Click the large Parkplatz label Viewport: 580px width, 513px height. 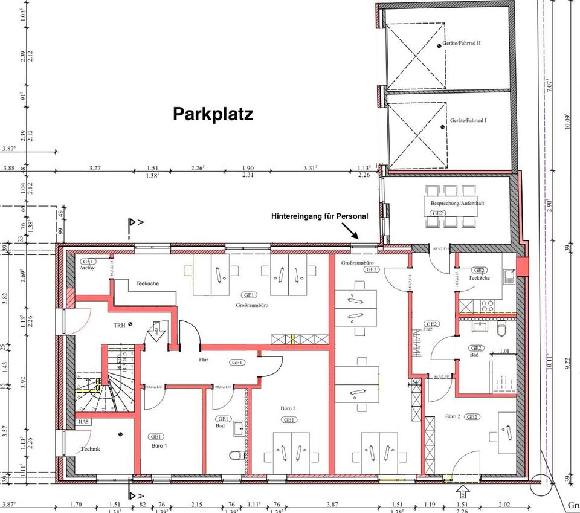pyautogui.click(x=213, y=114)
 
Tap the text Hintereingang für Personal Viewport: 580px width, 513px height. pyautogui.click(x=320, y=216)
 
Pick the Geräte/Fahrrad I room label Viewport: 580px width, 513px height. pyautogui.click(x=468, y=120)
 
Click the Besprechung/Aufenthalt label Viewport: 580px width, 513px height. pyautogui.click(x=457, y=204)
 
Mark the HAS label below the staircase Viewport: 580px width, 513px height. pyautogui.click(x=82, y=421)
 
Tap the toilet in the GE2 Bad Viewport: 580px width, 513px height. pyautogui.click(x=500, y=331)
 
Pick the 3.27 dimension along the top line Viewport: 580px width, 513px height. pyautogui.click(x=95, y=168)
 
